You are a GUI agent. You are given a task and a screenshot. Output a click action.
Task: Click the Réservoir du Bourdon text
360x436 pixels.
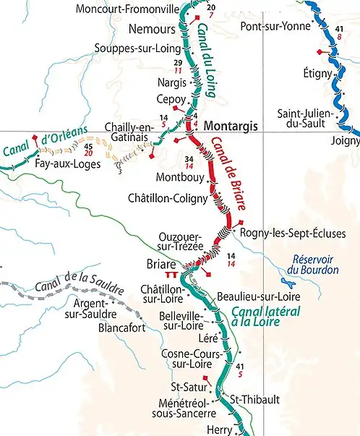pyautogui.click(x=312, y=265)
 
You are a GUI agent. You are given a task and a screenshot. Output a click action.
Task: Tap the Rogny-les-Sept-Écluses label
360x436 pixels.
pyautogui.click(x=293, y=233)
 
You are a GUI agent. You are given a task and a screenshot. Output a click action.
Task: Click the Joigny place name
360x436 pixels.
pyautogui.click(x=344, y=140)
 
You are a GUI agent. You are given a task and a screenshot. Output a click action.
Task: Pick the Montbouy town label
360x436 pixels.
pyautogui.click(x=177, y=177)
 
